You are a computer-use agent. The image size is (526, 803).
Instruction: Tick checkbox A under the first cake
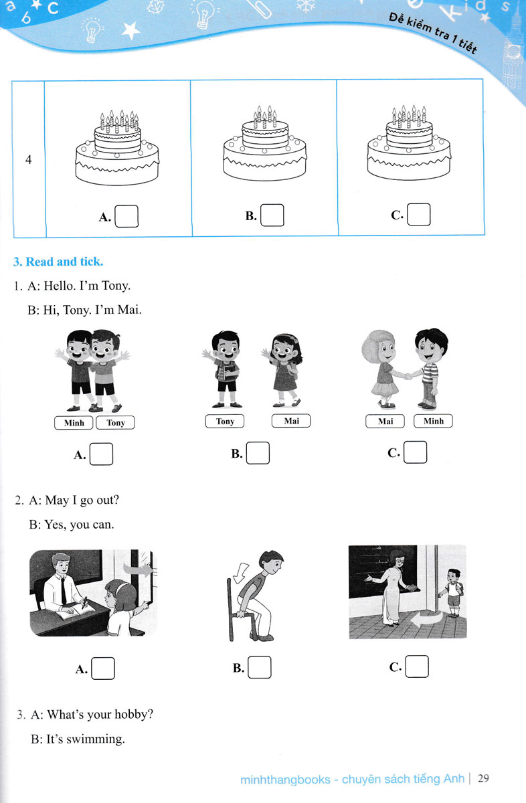[126, 216]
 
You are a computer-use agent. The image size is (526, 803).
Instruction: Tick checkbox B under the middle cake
[272, 215]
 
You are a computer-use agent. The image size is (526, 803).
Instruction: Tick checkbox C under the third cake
[418, 214]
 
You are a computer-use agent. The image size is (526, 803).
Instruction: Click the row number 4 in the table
[29, 159]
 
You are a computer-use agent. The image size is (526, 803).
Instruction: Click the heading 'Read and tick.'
[58, 262]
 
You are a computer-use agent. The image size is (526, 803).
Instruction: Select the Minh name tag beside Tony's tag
[74, 423]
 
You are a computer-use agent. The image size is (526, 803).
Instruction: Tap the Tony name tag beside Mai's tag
[225, 421]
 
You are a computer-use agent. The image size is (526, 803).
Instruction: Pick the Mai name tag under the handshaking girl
[385, 421]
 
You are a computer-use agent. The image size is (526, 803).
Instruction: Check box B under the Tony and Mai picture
[258, 453]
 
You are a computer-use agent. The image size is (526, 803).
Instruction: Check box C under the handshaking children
[415, 452]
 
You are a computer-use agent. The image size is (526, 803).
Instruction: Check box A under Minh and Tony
[101, 454]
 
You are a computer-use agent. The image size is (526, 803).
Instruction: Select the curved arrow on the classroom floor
[428, 619]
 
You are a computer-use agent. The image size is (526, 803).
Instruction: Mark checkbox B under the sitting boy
[260, 667]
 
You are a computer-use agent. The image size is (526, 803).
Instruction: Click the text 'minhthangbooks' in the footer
[285, 780]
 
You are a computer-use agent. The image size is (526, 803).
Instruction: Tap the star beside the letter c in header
[37, 5]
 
